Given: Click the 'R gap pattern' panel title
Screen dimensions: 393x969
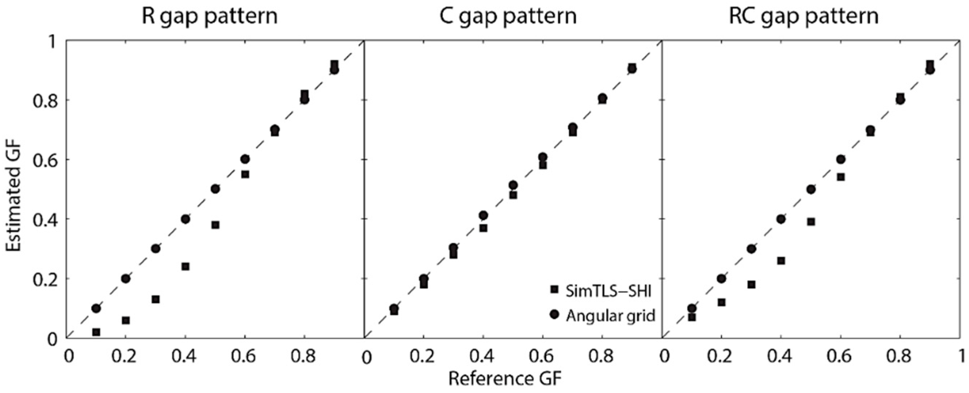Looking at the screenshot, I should pos(209,17).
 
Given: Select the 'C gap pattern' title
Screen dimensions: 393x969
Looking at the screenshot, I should pos(508,17).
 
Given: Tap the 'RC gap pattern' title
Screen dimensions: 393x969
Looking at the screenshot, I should pos(804,17).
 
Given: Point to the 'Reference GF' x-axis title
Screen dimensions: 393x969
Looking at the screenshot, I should pos(505,379).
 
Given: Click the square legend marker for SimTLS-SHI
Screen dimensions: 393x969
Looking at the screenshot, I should pos(554,290).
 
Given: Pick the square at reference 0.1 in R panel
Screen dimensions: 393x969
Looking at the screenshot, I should pos(96,332).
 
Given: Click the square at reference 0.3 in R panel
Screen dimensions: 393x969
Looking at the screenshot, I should pos(156,299).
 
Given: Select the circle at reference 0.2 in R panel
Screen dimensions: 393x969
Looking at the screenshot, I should pos(126,279).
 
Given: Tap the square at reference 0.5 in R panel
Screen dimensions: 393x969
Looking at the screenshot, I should pos(215,225).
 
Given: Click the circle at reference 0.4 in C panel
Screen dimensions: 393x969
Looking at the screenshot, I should pos(483,215).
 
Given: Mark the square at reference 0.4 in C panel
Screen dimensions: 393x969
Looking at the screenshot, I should pos(483,228).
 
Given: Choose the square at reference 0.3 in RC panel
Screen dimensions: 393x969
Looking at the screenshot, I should pos(751,285).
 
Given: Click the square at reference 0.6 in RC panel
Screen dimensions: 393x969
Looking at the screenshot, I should pos(841,177).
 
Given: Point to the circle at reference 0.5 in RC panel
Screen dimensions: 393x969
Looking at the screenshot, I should pos(811,189).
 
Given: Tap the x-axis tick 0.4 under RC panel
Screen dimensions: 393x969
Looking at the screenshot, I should pos(781,356).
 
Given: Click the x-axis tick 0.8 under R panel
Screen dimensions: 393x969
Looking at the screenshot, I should pos(305,356).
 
